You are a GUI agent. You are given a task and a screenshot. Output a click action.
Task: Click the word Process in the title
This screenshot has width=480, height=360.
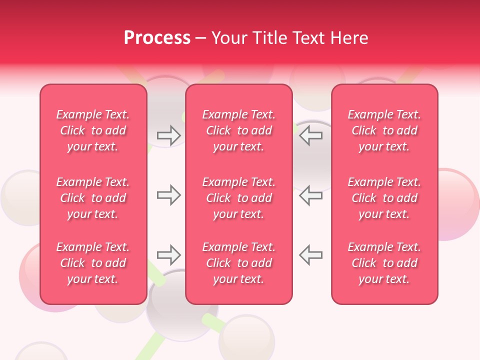[157, 38]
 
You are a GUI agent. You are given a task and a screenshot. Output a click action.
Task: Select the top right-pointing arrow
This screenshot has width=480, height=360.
[168, 135]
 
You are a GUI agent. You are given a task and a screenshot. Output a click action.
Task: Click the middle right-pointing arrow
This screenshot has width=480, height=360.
[168, 195]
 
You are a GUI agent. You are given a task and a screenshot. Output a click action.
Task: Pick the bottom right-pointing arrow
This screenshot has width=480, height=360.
[168, 255]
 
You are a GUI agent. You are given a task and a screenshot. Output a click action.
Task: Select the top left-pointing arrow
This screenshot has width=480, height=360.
[311, 135]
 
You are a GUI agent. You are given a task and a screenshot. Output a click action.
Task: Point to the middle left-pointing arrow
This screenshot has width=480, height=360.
[311, 195]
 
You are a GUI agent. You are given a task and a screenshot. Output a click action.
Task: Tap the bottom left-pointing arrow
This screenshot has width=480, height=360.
[311, 255]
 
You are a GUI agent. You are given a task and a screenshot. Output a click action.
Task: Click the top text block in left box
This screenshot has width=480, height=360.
[93, 130]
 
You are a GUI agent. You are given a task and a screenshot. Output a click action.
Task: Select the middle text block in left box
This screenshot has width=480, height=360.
[93, 198]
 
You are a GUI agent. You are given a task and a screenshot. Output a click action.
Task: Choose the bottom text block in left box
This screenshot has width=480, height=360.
[93, 263]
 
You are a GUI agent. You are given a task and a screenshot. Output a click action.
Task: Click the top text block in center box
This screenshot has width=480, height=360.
[239, 130]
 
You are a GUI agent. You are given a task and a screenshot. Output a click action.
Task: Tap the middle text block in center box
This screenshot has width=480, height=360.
[239, 198]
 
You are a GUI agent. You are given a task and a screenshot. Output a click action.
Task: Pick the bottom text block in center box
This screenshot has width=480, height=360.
[239, 263]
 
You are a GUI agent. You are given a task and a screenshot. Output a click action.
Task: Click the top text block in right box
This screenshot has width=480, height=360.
[384, 130]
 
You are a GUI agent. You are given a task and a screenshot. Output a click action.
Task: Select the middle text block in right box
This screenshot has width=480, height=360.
[384, 198]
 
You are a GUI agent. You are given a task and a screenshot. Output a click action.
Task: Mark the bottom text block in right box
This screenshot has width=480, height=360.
[384, 263]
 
